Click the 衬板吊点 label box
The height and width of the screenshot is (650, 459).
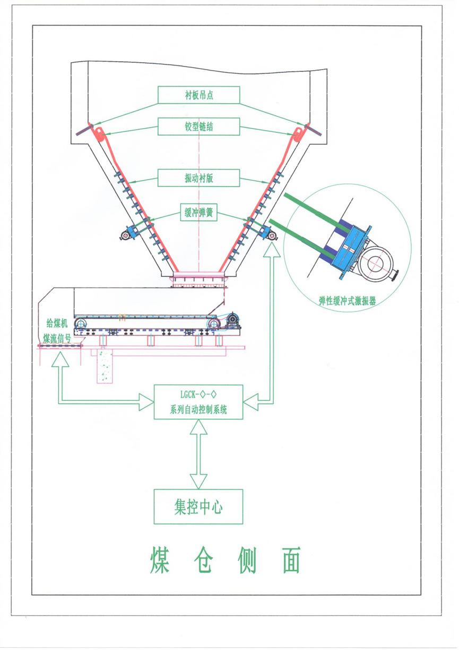[x=199, y=95]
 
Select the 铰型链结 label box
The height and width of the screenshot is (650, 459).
[x=199, y=126]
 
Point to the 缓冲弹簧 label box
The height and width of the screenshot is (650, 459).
[x=199, y=213]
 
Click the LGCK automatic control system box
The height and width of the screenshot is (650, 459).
[x=198, y=402]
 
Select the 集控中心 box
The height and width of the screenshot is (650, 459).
[x=198, y=507]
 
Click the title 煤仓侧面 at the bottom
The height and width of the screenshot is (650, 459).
[x=225, y=560]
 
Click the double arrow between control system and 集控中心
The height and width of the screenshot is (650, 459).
[x=198, y=454]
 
